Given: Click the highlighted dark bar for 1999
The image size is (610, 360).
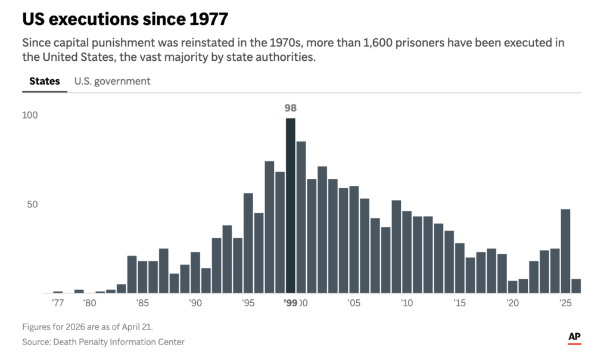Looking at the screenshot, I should click(291, 206).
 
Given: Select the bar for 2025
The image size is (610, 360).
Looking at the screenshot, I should click(566, 251).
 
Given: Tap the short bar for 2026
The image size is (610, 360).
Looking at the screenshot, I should click(576, 286).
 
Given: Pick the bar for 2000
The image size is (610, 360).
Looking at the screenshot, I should click(301, 217).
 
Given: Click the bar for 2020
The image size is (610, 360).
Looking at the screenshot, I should click(513, 287).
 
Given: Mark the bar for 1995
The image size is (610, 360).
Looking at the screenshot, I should click(248, 243).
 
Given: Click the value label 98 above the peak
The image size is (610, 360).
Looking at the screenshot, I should click(291, 108).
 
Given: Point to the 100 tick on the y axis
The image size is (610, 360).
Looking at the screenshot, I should click(30, 115).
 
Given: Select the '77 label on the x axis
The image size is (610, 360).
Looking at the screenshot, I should click(58, 303).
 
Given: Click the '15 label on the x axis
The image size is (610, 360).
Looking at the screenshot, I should click(460, 303).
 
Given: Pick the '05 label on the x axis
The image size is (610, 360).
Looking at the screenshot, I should click(354, 303).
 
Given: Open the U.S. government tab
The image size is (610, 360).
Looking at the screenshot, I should click(112, 81).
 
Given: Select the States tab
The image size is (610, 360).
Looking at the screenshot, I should click(45, 81).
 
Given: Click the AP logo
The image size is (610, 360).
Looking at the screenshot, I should click(574, 337).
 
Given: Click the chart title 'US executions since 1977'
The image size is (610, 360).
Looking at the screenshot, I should click(125, 19).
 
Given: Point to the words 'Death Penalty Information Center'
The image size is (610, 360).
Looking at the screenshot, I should click(119, 342).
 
